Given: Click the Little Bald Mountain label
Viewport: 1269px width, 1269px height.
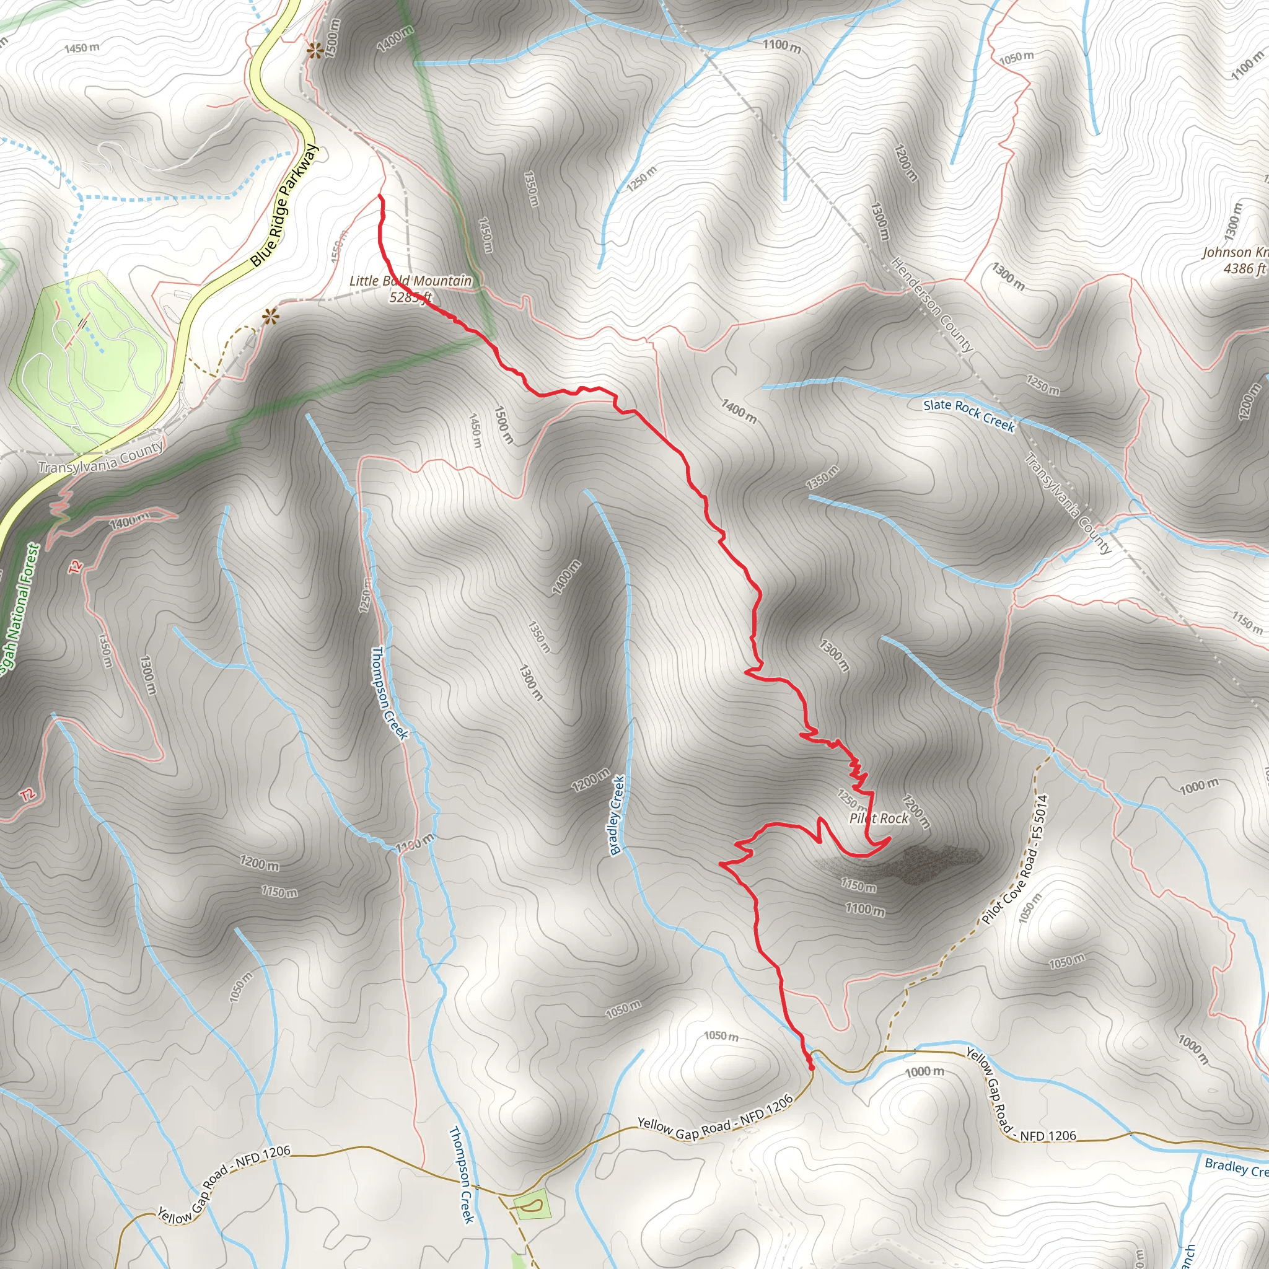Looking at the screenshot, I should [411, 281].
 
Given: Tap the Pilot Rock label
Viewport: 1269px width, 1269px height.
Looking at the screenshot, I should [879, 819].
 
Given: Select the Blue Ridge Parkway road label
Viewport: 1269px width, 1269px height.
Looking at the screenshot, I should [284, 206].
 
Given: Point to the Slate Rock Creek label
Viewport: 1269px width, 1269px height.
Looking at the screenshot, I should [969, 415].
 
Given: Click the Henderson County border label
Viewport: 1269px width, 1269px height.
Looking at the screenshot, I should [931, 304].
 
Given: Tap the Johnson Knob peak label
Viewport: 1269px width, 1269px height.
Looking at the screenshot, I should [1235, 252].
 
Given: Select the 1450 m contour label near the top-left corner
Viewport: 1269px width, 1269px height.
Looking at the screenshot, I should [82, 48].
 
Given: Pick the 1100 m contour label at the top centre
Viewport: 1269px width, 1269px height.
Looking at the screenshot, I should [781, 45].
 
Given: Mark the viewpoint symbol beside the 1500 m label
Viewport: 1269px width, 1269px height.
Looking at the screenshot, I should [315, 50].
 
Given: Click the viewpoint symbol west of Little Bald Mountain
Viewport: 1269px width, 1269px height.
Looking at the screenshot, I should [270, 317].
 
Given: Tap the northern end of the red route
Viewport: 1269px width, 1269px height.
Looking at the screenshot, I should [380, 196].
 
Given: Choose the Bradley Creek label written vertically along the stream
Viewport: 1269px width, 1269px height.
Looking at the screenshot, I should [617, 814].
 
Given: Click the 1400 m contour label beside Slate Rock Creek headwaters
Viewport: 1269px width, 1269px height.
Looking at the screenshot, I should [739, 411].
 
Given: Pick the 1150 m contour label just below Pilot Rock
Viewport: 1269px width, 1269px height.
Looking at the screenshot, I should [858, 885].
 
